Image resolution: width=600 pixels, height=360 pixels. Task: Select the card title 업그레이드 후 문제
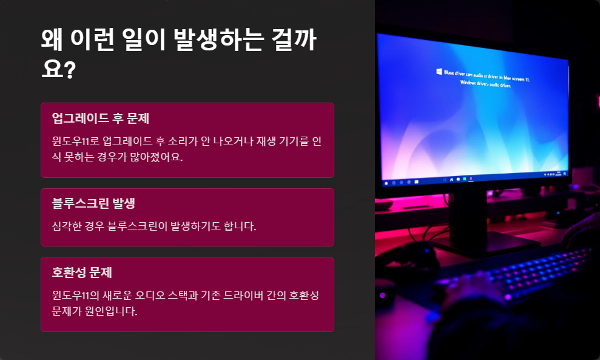100,118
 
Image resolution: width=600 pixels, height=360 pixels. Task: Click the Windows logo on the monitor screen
438,72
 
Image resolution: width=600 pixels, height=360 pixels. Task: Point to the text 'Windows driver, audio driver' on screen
485,86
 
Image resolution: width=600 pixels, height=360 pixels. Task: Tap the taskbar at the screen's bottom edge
473,180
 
